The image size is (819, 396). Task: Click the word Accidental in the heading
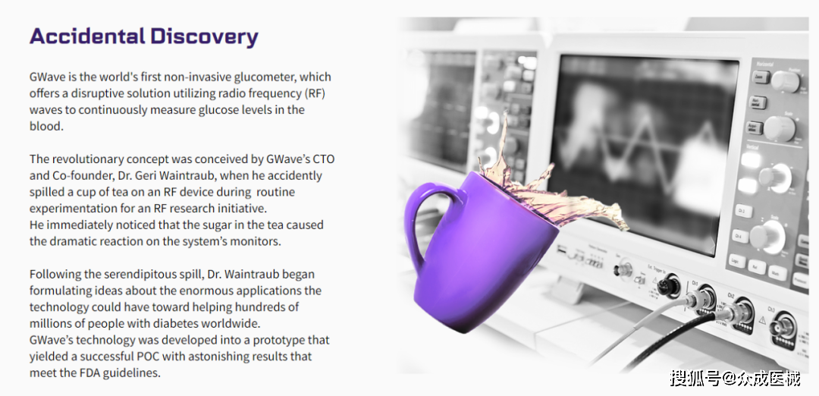[87, 36]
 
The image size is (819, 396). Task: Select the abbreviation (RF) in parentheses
[322, 93]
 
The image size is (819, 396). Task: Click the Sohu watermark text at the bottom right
[735, 377]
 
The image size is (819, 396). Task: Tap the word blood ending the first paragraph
[46, 127]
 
